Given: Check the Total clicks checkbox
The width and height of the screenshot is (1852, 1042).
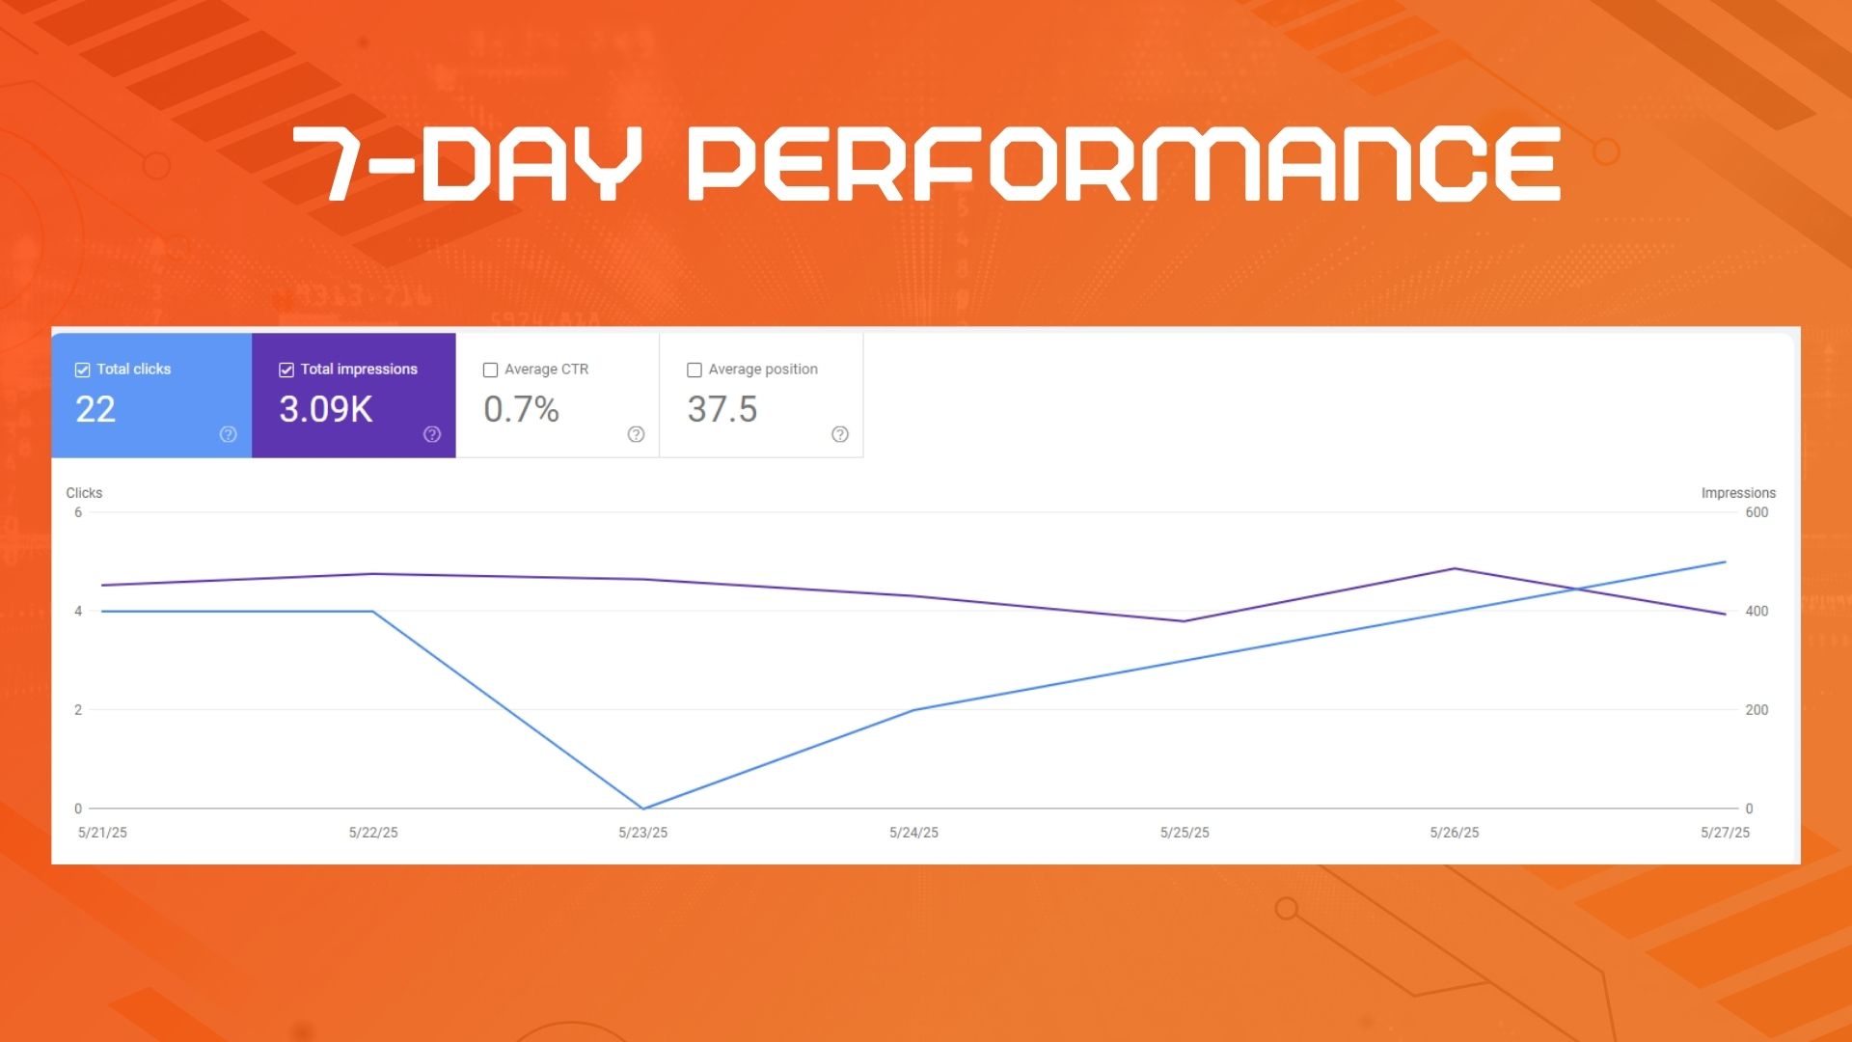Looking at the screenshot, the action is pos(83,370).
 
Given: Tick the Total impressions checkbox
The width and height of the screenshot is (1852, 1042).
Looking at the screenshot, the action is pos(286,370).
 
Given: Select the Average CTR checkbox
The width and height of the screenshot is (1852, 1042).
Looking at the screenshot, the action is pos(490,370).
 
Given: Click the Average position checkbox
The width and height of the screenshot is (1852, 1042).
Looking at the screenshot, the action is pos(694,370).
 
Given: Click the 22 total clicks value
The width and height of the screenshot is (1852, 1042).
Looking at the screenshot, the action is pos(95,410).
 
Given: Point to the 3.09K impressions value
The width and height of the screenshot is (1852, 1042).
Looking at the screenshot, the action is pos(326,410).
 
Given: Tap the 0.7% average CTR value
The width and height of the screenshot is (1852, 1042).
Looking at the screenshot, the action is pos(522,410).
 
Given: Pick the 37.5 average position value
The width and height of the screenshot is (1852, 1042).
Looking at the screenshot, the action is pos(722,410).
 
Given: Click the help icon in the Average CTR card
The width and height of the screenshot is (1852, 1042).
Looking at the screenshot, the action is pos(636,434).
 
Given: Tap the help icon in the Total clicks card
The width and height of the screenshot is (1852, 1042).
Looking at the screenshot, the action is pos(229,434).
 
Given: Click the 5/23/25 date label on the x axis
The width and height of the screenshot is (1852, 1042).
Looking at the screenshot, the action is pos(643,833).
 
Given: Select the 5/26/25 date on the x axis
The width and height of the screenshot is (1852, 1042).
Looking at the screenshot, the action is pos(1455,833).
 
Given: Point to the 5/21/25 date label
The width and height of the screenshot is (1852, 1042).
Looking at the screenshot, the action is pos(102,833).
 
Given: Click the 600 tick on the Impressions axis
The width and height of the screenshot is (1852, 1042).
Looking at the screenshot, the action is pos(1757,512).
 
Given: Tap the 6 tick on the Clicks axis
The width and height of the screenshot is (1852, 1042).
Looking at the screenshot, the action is pos(78,512).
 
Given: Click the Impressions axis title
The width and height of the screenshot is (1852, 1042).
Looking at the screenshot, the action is pos(1738,493).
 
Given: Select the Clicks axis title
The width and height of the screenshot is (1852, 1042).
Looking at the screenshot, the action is pos(84,493).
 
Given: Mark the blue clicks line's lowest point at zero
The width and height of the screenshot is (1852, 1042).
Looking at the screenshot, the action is pos(643,809).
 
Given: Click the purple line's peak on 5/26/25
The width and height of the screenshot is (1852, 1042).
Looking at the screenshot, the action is pos(1455,569).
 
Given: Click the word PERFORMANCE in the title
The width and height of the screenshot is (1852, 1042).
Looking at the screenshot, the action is pos(1125,164).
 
